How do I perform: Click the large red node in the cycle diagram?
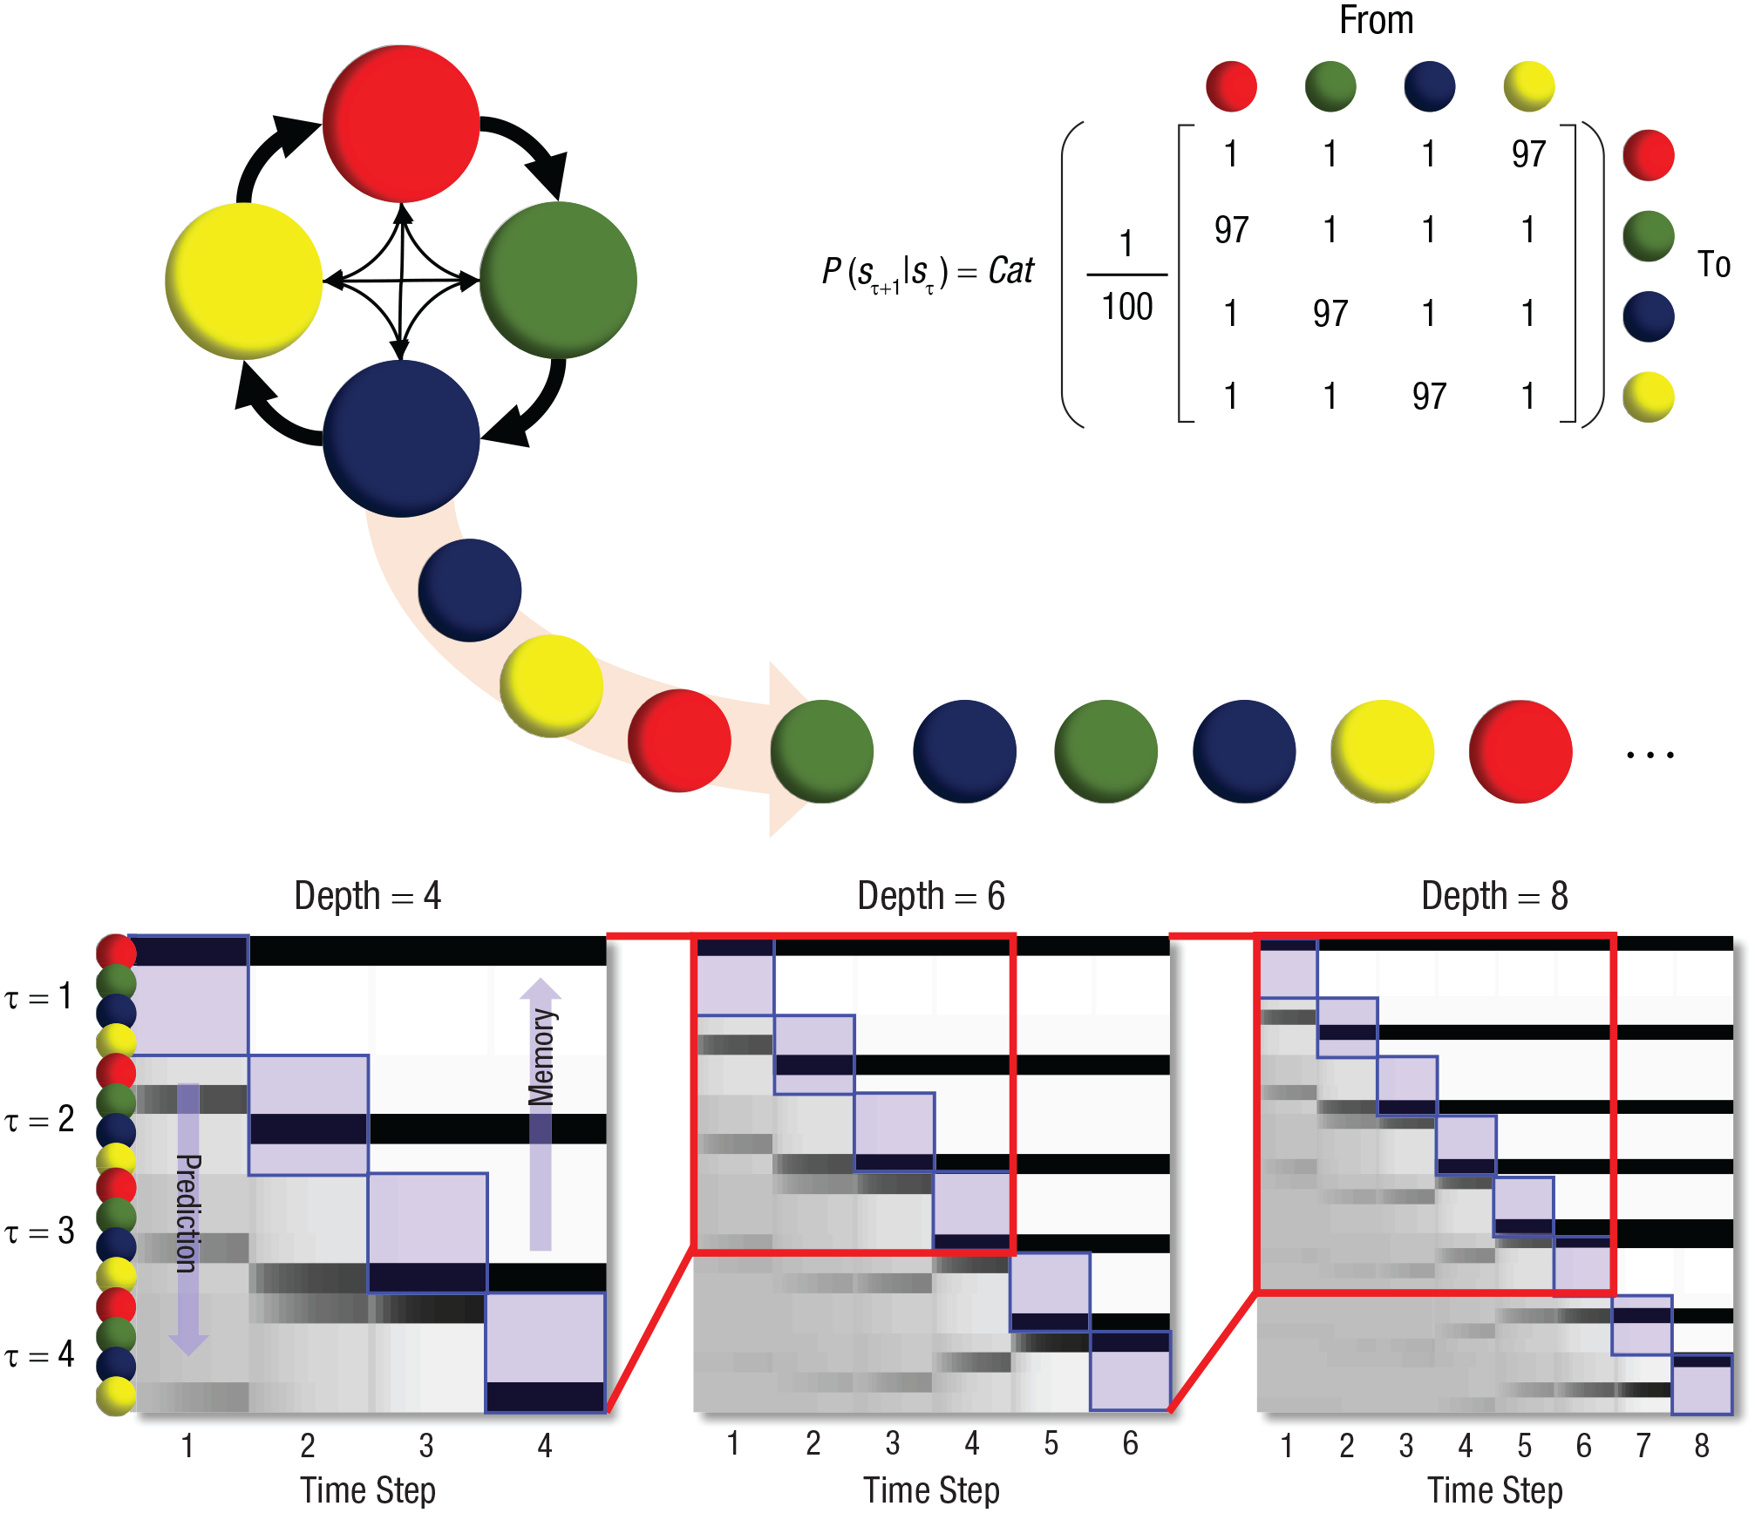pyautogui.click(x=401, y=123)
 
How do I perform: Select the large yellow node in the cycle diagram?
pyautogui.click(x=243, y=281)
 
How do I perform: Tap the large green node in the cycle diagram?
pyautogui.click(x=558, y=280)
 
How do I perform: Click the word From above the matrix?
pyautogui.click(x=1376, y=20)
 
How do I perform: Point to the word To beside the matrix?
pyautogui.click(x=1713, y=264)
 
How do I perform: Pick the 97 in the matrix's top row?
pyautogui.click(x=1528, y=154)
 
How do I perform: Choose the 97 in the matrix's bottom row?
pyautogui.click(x=1429, y=397)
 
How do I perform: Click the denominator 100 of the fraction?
pyautogui.click(x=1126, y=307)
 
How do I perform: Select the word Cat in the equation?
pyautogui.click(x=1010, y=271)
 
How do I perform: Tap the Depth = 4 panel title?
pyautogui.click(x=368, y=896)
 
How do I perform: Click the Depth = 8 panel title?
pyautogui.click(x=1494, y=896)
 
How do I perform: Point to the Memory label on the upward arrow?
pyautogui.click(x=541, y=1057)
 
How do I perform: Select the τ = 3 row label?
pyautogui.click(x=39, y=1231)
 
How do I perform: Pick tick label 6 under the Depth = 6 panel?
pyautogui.click(x=1130, y=1444)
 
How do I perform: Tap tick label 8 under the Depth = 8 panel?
pyautogui.click(x=1701, y=1446)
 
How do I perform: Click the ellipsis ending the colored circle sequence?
pyautogui.click(x=1650, y=755)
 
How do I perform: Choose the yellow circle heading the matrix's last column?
pyautogui.click(x=1529, y=86)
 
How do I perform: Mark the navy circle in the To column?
pyautogui.click(x=1649, y=316)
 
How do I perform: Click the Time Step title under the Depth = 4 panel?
pyautogui.click(x=368, y=1490)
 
